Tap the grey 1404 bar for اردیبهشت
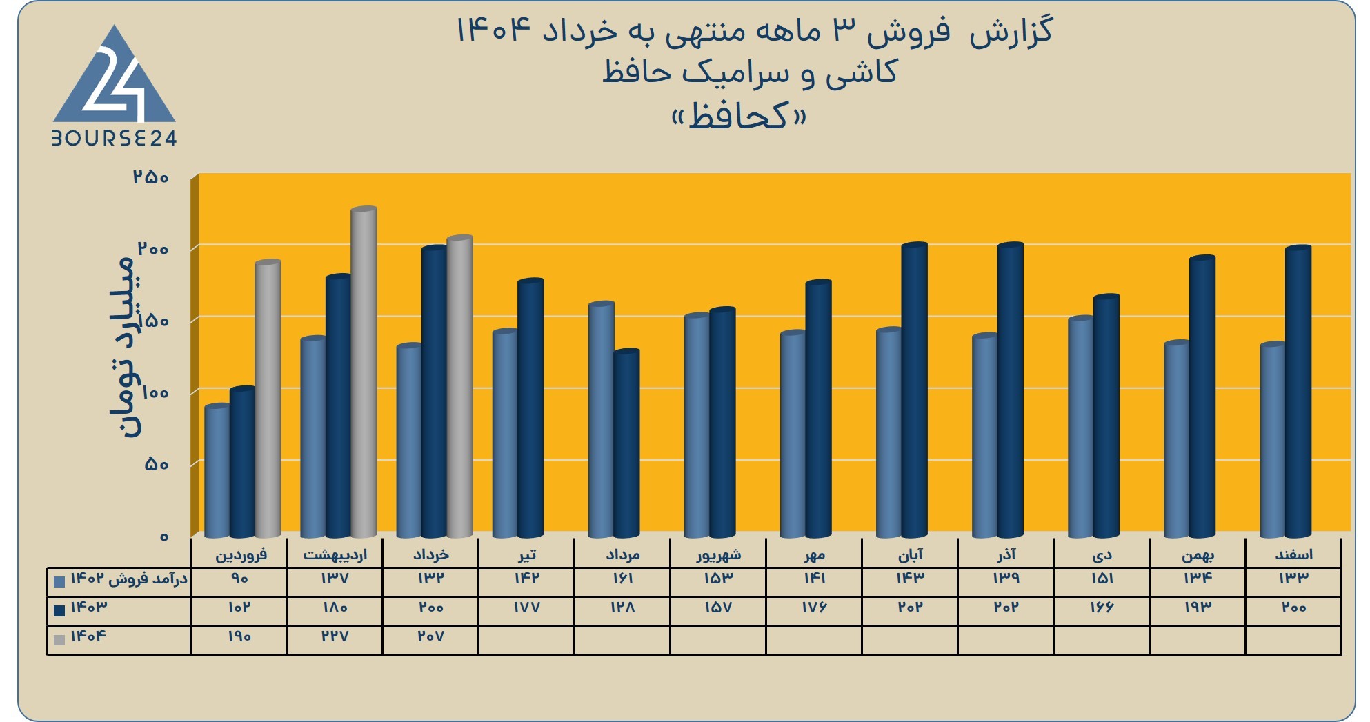pyautogui.click(x=364, y=372)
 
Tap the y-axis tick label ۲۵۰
pyautogui.click(x=151, y=177)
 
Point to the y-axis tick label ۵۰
pyautogui.click(x=157, y=464)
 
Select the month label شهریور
pyautogui.click(x=718, y=554)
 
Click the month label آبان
pyautogui.click(x=910, y=554)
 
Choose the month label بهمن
pyautogui.click(x=1198, y=555)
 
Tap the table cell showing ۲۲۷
pyautogui.click(x=335, y=636)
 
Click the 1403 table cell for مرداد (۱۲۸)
pyautogui.click(x=622, y=608)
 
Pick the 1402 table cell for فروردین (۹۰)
pyautogui.click(x=239, y=579)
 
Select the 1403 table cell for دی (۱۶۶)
pyautogui.click(x=1102, y=608)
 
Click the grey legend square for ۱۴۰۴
pyautogui.click(x=59, y=640)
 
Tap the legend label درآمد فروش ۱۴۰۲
pyautogui.click(x=129, y=579)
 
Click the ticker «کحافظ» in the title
pyautogui.click(x=739, y=115)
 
